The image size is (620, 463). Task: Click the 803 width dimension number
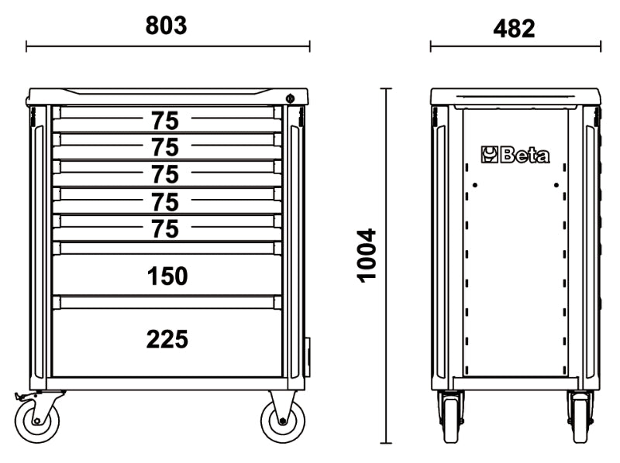pyautogui.click(x=167, y=26)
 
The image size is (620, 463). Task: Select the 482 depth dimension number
pyautogui.click(x=514, y=29)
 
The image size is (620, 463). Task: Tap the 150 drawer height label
pyautogui.click(x=167, y=276)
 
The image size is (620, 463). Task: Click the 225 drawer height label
pyautogui.click(x=167, y=338)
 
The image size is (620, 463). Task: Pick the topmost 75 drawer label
pyautogui.click(x=164, y=121)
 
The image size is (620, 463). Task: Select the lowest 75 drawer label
pyautogui.click(x=164, y=229)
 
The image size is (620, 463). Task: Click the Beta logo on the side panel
pyautogui.click(x=515, y=155)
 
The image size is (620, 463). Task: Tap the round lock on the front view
pyautogui.click(x=289, y=98)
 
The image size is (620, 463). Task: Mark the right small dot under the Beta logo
pyautogui.click(x=556, y=184)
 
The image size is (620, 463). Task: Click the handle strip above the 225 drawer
pyautogui.click(x=167, y=301)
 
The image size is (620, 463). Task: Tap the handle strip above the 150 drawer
pyautogui.click(x=167, y=248)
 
